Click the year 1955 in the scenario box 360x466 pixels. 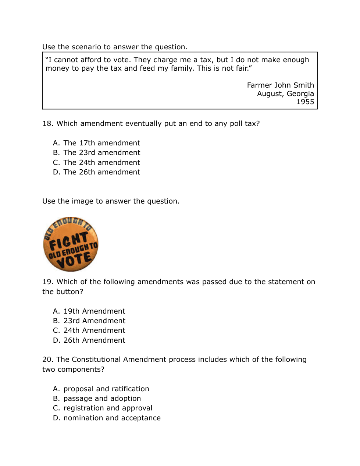(305, 102)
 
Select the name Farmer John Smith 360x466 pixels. (280, 85)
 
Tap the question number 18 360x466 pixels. (47, 124)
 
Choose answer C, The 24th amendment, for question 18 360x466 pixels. (96, 162)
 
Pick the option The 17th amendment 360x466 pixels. (96, 143)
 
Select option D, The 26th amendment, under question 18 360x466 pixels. (96, 172)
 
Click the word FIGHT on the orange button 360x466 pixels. (68, 241)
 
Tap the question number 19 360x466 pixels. (47, 282)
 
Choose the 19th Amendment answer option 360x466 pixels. (89, 311)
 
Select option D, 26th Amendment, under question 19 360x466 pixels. (89, 340)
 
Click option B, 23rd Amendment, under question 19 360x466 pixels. (89, 321)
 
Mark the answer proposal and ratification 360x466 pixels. (101, 389)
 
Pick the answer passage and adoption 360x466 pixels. (97, 398)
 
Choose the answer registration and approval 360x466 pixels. (103, 408)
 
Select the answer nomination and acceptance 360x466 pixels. (107, 418)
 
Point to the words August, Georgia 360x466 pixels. (285, 93)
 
